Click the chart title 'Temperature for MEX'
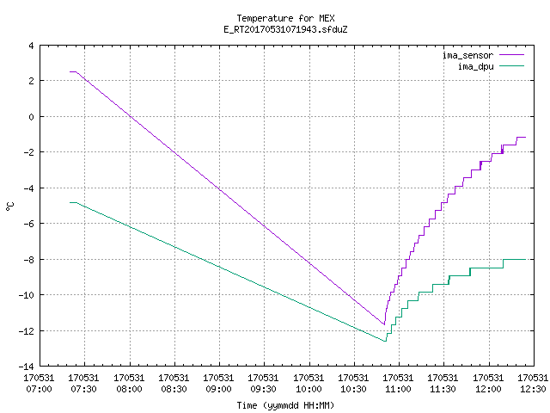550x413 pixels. pyautogui.click(x=285, y=18)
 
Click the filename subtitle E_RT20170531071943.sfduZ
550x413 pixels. pyautogui.click(x=285, y=29)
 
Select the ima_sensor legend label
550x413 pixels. pyautogui.click(x=467, y=55)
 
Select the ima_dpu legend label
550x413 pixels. pyautogui.click(x=475, y=66)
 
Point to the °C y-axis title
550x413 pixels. pyautogui.click(x=10, y=206)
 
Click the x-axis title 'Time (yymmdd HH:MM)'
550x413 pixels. pyautogui.click(x=285, y=405)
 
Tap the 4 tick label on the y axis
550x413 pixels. pyautogui.click(x=31, y=46)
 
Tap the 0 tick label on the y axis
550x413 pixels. pyautogui.click(x=31, y=117)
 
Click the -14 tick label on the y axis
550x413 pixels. pyautogui.click(x=26, y=367)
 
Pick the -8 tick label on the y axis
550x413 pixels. pyautogui.click(x=28, y=260)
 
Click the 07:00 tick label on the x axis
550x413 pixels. pyautogui.click(x=39, y=389)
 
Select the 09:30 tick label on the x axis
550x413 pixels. pyautogui.click(x=263, y=389)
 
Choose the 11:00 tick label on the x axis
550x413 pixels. pyautogui.click(x=398, y=389)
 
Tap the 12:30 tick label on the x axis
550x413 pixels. pyautogui.click(x=533, y=389)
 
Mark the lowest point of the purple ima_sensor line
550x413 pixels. pyautogui.click(x=384, y=324)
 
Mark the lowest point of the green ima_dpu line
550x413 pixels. pyautogui.click(x=385, y=341)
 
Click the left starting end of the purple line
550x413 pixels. pyautogui.click(x=70, y=72)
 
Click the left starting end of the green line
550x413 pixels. pyautogui.click(x=70, y=203)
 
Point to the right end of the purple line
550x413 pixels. pyautogui.click(x=525, y=138)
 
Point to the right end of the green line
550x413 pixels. pyautogui.click(x=525, y=259)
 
